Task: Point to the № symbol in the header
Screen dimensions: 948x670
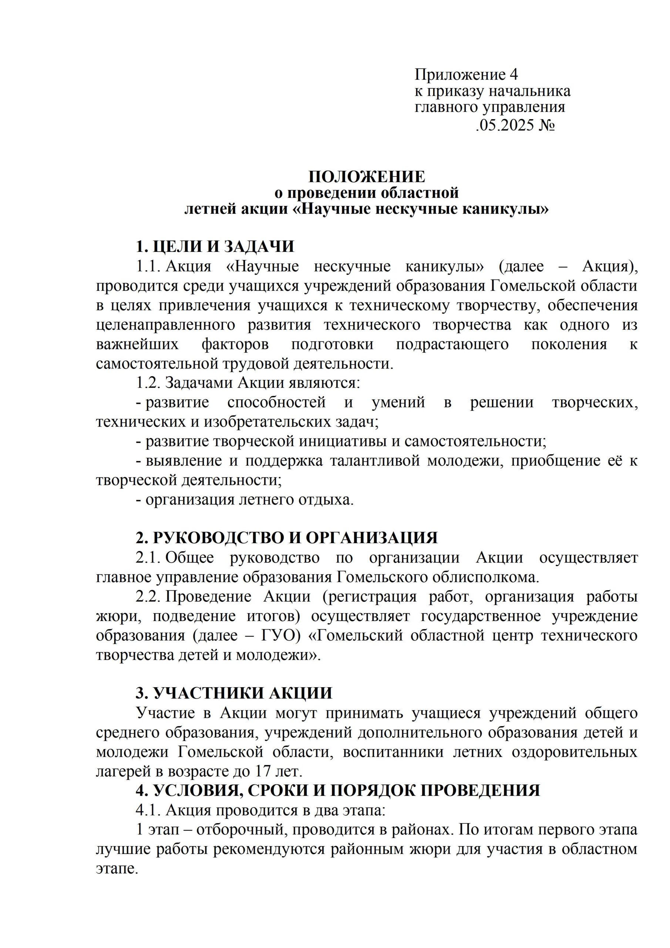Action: pos(546,125)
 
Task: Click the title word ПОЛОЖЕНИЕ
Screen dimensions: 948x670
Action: pos(367,177)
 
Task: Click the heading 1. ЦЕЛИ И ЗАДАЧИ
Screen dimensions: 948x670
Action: pos(215,247)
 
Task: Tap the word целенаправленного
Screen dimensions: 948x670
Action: pos(165,324)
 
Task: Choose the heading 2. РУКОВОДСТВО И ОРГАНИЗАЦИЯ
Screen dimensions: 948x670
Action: pos(287,538)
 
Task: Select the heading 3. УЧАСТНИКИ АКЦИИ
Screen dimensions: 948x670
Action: pos(234,693)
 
